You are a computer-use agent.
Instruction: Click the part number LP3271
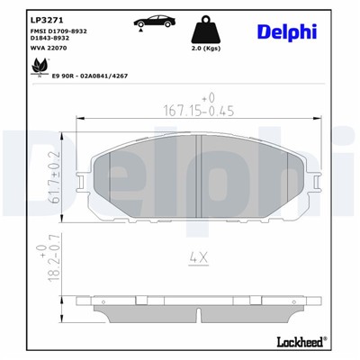pos(44,17)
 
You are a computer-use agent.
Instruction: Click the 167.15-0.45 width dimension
pos(185,112)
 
